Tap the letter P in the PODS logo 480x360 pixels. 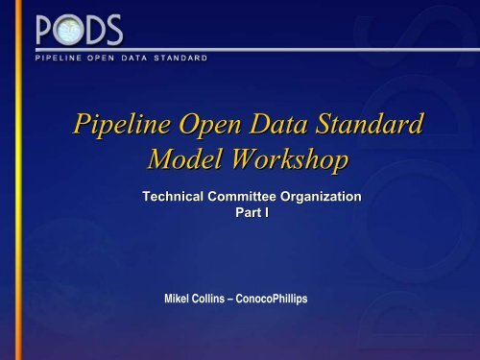[x=47, y=33]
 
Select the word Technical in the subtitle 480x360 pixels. [x=175, y=196]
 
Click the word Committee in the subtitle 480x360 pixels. [x=245, y=196]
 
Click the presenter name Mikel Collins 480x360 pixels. [x=201, y=299]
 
